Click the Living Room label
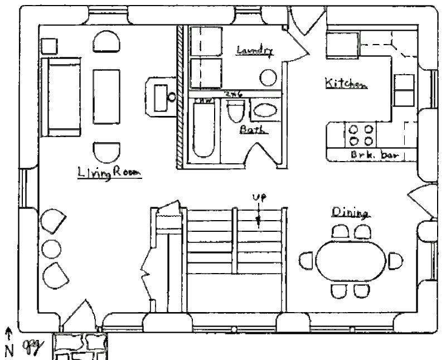[x=109, y=173]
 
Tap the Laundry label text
[x=255, y=51]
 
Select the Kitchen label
[x=345, y=84]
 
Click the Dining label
[x=351, y=212]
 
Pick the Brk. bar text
[x=375, y=155]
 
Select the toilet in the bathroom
[x=234, y=112]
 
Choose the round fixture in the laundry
[x=268, y=77]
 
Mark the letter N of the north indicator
[x=8, y=351]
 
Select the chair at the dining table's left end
[x=307, y=260]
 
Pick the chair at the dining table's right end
[x=395, y=260]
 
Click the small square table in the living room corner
[x=49, y=46]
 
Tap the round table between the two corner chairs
[x=51, y=247]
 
